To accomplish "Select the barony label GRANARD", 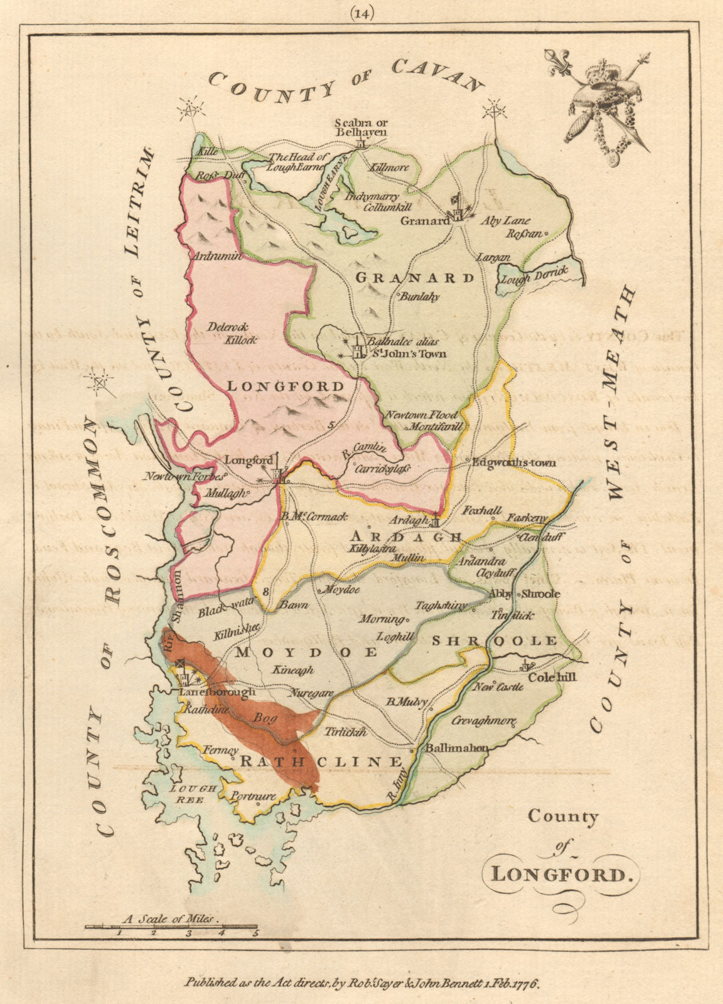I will [x=415, y=277].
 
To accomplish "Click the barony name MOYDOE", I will [x=306, y=653].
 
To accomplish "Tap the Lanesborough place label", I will [x=217, y=692].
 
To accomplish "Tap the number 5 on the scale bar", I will [x=255, y=933].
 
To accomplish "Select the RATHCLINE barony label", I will [x=321, y=762].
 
